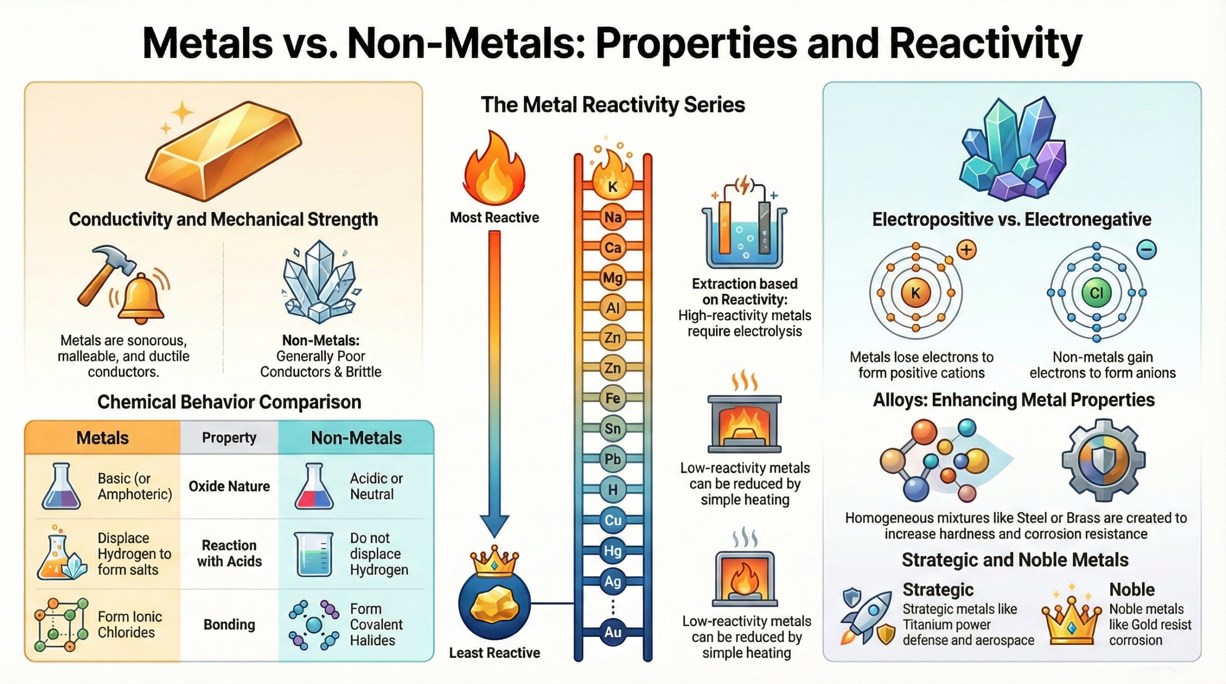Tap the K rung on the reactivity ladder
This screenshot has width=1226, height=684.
pyautogui.click(x=613, y=187)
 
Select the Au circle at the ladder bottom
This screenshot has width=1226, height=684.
pyautogui.click(x=613, y=632)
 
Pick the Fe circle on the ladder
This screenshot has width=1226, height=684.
pyautogui.click(x=613, y=398)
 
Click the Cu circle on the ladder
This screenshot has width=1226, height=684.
pyautogui.click(x=613, y=520)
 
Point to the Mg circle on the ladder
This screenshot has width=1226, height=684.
pyautogui.click(x=613, y=278)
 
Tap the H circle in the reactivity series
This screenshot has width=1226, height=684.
pyautogui.click(x=613, y=490)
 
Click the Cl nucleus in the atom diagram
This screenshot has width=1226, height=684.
pyautogui.click(x=1096, y=292)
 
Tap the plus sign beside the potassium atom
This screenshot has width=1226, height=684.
pyautogui.click(x=966, y=250)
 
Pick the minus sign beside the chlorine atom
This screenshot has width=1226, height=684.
pyautogui.click(x=1147, y=249)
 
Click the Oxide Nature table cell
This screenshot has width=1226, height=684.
pyautogui.click(x=229, y=486)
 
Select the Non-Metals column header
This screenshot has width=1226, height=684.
pyautogui.click(x=356, y=438)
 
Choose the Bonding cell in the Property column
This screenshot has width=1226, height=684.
pyautogui.click(x=229, y=625)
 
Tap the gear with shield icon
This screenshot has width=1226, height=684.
pyautogui.click(x=1103, y=460)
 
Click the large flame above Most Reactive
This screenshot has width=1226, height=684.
pyautogui.click(x=494, y=170)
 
